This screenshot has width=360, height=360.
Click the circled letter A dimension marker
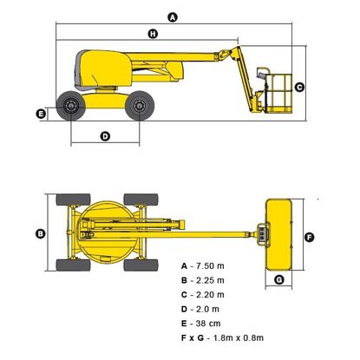pyautogui.click(x=173, y=17)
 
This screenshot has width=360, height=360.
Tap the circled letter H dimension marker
pyautogui.click(x=153, y=34)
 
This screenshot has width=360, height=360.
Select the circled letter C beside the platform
pyautogui.click(x=299, y=87)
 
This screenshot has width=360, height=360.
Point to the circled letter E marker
pyautogui.click(x=41, y=114)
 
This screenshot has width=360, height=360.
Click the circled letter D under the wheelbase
pyautogui.click(x=105, y=136)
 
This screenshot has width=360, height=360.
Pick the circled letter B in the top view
pyautogui.click(x=41, y=233)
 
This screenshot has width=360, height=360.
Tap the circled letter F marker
pyautogui.click(x=310, y=238)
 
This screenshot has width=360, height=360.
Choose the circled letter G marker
pyautogui.click(x=279, y=279)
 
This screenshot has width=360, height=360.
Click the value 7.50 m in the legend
pyautogui.click(x=210, y=265)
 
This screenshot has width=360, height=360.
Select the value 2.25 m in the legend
pyautogui.click(x=210, y=280)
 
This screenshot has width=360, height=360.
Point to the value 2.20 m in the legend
pyautogui.click(x=210, y=295)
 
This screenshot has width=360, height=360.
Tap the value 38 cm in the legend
pyautogui.click(x=208, y=324)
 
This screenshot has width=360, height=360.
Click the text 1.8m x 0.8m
pyautogui.click(x=239, y=337)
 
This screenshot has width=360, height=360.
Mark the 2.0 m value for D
pyautogui.click(x=207, y=309)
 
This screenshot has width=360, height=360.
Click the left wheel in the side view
pyautogui.click(x=71, y=106)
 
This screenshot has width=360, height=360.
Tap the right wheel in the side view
pyautogui.click(x=140, y=106)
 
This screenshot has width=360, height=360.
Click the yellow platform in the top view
pyautogui.click(x=278, y=234)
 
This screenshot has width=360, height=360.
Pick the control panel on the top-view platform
pyautogui.click(x=262, y=234)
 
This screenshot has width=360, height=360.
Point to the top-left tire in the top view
pyautogui.click(x=73, y=200)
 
